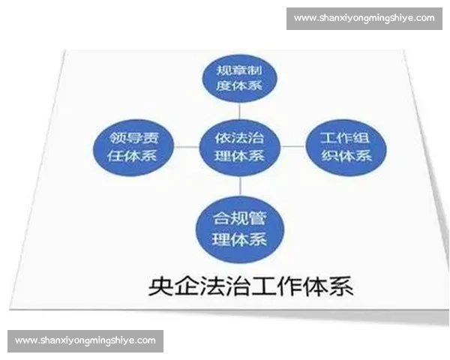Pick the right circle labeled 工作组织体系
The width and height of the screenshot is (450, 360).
pos(346,147)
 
